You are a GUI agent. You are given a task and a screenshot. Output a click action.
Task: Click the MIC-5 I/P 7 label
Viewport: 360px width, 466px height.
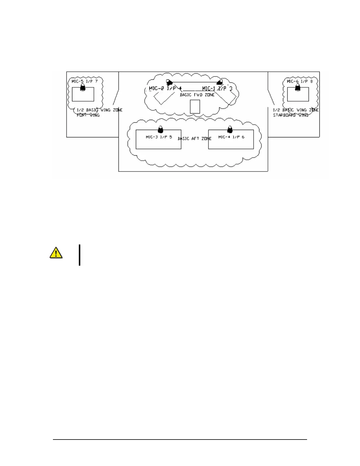pos(85,81)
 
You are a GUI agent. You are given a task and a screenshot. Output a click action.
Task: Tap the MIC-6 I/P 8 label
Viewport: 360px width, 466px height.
pos(300,81)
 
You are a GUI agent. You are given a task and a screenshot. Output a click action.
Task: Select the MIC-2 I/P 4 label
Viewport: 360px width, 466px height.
pos(166,88)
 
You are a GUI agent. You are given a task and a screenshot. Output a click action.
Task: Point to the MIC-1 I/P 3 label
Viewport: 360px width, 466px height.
pos(217,88)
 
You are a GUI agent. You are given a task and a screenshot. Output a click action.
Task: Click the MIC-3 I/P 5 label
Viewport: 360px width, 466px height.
pos(159,137)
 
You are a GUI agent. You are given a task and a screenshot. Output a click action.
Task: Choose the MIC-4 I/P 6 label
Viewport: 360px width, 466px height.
pos(231,137)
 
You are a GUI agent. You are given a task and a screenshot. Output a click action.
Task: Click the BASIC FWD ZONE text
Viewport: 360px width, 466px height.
pos(197,95)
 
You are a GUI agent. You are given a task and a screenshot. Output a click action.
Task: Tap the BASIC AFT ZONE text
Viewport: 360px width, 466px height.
pos(195,139)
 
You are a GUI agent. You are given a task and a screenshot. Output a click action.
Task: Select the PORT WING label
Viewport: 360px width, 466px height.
pos(88,115)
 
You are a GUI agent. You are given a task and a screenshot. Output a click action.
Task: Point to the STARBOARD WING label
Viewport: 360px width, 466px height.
pos(291,115)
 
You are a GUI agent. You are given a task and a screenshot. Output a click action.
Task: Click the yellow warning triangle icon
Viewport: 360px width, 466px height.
pos(56,253)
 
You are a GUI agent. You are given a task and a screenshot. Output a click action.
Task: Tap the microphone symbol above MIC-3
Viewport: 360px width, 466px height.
pos(160,129)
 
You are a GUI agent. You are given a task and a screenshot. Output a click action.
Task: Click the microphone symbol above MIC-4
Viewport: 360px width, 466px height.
pos(230,129)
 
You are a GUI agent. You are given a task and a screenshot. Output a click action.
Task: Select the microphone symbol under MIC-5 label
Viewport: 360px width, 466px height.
pos(83,87)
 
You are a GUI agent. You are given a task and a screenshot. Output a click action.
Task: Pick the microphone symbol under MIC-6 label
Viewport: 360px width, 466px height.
pos(298,87)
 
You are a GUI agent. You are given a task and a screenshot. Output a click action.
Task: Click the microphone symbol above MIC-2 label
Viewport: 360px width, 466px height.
pos(169,82)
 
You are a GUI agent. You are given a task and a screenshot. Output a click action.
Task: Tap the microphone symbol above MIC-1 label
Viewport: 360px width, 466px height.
pos(219,82)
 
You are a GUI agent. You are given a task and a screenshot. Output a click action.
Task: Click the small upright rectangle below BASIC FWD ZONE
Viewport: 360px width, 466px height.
pos(195,106)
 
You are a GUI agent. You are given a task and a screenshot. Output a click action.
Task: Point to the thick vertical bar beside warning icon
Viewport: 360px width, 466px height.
pos(79,255)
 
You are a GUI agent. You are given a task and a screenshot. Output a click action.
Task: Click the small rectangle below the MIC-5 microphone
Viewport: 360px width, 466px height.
pos(83,94)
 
